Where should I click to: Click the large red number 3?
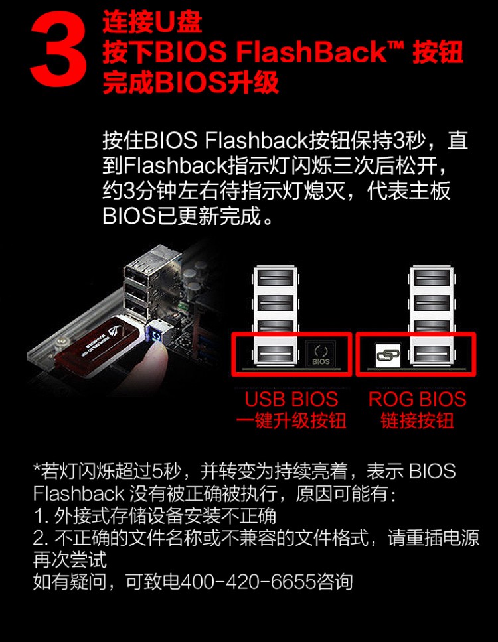click(x=58, y=49)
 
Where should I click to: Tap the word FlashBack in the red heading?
click(x=311, y=52)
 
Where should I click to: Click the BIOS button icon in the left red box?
click(x=321, y=354)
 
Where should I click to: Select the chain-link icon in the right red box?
click(x=388, y=355)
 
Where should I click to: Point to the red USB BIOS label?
click(x=291, y=399)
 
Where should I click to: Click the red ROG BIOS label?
click(x=417, y=399)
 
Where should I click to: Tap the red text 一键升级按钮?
click(x=291, y=421)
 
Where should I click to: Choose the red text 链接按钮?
click(x=417, y=421)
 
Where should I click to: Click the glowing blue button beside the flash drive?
click(x=156, y=334)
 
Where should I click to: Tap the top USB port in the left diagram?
click(x=276, y=279)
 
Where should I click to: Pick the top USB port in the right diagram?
click(x=432, y=279)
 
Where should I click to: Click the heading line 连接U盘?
click(x=152, y=23)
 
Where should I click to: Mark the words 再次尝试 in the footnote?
click(x=70, y=560)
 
